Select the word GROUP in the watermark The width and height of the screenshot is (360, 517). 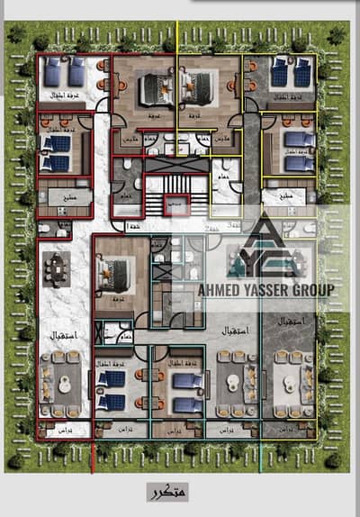(313, 290)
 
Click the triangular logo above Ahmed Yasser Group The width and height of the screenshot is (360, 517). (267, 248)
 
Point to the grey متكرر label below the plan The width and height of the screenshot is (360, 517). (167, 492)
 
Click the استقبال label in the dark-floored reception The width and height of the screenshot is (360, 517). (290, 322)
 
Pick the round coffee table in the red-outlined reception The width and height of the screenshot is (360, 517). (62, 382)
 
